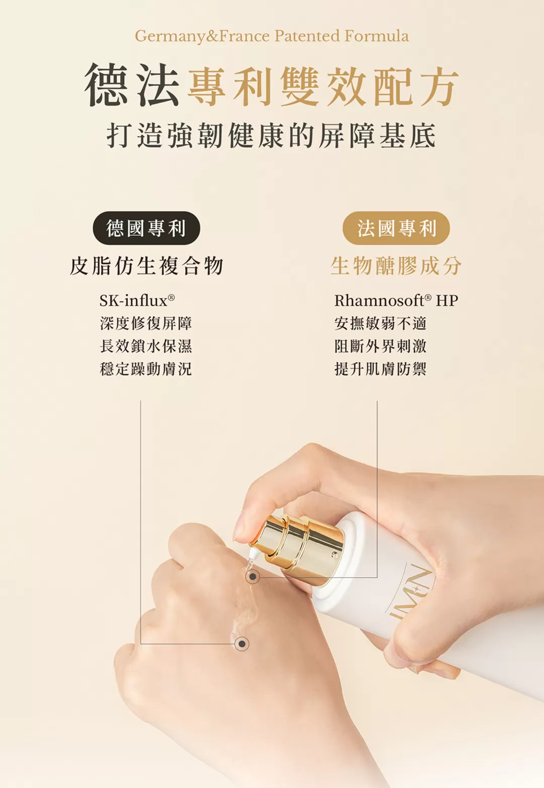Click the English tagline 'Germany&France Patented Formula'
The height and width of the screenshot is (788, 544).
click(271, 36)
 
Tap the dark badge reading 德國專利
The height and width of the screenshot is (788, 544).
click(147, 228)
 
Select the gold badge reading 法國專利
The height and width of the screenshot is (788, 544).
click(396, 228)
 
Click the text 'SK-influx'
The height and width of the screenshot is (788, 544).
click(137, 301)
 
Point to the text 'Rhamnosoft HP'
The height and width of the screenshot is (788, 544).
click(396, 301)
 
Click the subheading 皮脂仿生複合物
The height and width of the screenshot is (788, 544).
click(147, 266)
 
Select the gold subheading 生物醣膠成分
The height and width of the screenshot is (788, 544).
click(396, 266)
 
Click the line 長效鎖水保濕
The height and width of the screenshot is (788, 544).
click(146, 346)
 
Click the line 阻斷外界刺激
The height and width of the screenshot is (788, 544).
click(380, 346)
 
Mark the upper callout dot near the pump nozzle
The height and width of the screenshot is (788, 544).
click(252, 577)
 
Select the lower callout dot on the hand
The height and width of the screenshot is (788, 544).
click(241, 643)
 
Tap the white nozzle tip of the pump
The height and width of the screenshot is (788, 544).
click(252, 554)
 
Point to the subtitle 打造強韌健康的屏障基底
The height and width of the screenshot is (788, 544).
click(271, 135)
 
